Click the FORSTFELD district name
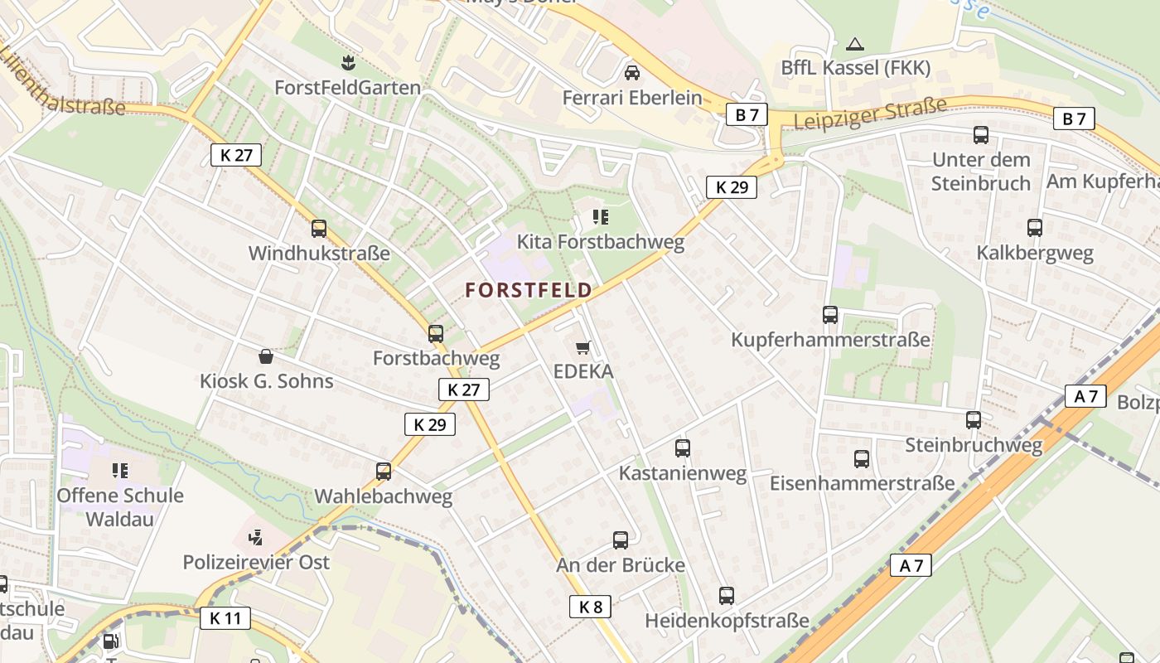(529, 290)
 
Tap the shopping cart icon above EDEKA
(583, 347)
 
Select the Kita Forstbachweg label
(601, 242)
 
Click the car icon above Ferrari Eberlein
(632, 73)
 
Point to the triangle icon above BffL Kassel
(856, 44)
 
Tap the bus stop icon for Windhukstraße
(319, 229)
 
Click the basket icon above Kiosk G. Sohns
(266, 356)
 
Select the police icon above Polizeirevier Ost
(256, 537)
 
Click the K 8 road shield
(591, 607)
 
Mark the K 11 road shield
(225, 617)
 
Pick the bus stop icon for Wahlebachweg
(383, 472)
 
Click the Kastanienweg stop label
(683, 474)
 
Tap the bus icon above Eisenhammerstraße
(862, 458)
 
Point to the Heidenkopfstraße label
(727, 621)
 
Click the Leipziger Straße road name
(869, 113)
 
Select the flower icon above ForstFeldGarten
(348, 62)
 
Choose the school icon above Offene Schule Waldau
(120, 471)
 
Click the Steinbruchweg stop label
(974, 445)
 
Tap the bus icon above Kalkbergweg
(1035, 228)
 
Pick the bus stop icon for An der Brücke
(621, 540)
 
